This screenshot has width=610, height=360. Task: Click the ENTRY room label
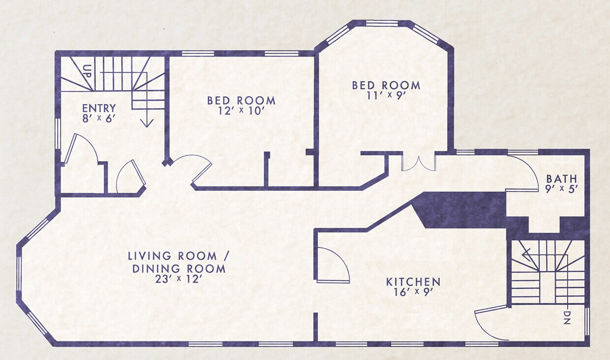[99, 108]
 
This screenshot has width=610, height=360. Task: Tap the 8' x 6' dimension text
[99, 119]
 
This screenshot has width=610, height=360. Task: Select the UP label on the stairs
[88, 71]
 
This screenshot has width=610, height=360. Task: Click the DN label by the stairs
[567, 317]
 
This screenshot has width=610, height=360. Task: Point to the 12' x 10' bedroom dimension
[242, 111]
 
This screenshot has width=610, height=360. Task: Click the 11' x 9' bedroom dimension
[386, 96]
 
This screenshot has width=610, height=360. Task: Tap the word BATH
[561, 179]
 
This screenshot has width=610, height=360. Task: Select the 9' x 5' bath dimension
[561, 189]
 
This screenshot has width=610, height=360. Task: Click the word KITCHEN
[413, 282]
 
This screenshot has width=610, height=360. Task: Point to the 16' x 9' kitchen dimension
[413, 292]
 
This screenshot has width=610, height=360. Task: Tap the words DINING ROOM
[179, 269]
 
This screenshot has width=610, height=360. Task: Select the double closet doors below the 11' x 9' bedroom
[419, 163]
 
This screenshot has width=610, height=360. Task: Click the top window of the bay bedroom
[381, 24]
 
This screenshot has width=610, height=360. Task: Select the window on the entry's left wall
[58, 134]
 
